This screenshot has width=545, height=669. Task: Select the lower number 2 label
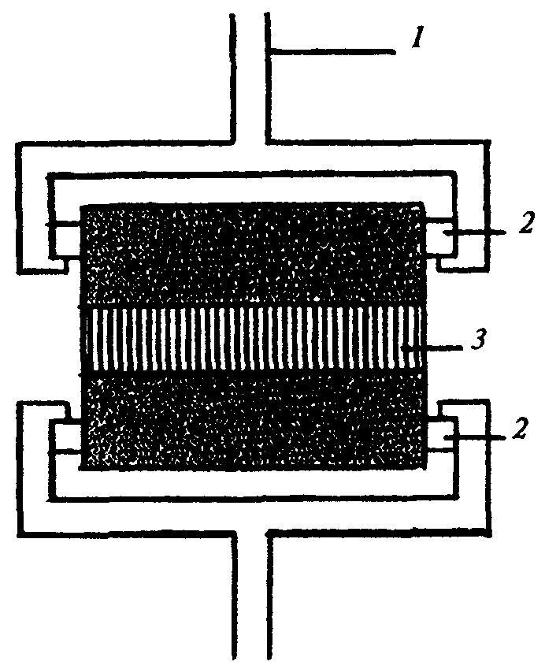coord(521,429)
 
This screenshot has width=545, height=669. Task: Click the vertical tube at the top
coord(251,79)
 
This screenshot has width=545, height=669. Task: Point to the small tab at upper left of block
coord(65,237)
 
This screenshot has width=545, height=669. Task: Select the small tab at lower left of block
coord(65,437)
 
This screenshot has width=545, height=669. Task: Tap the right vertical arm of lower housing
coord(470,465)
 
